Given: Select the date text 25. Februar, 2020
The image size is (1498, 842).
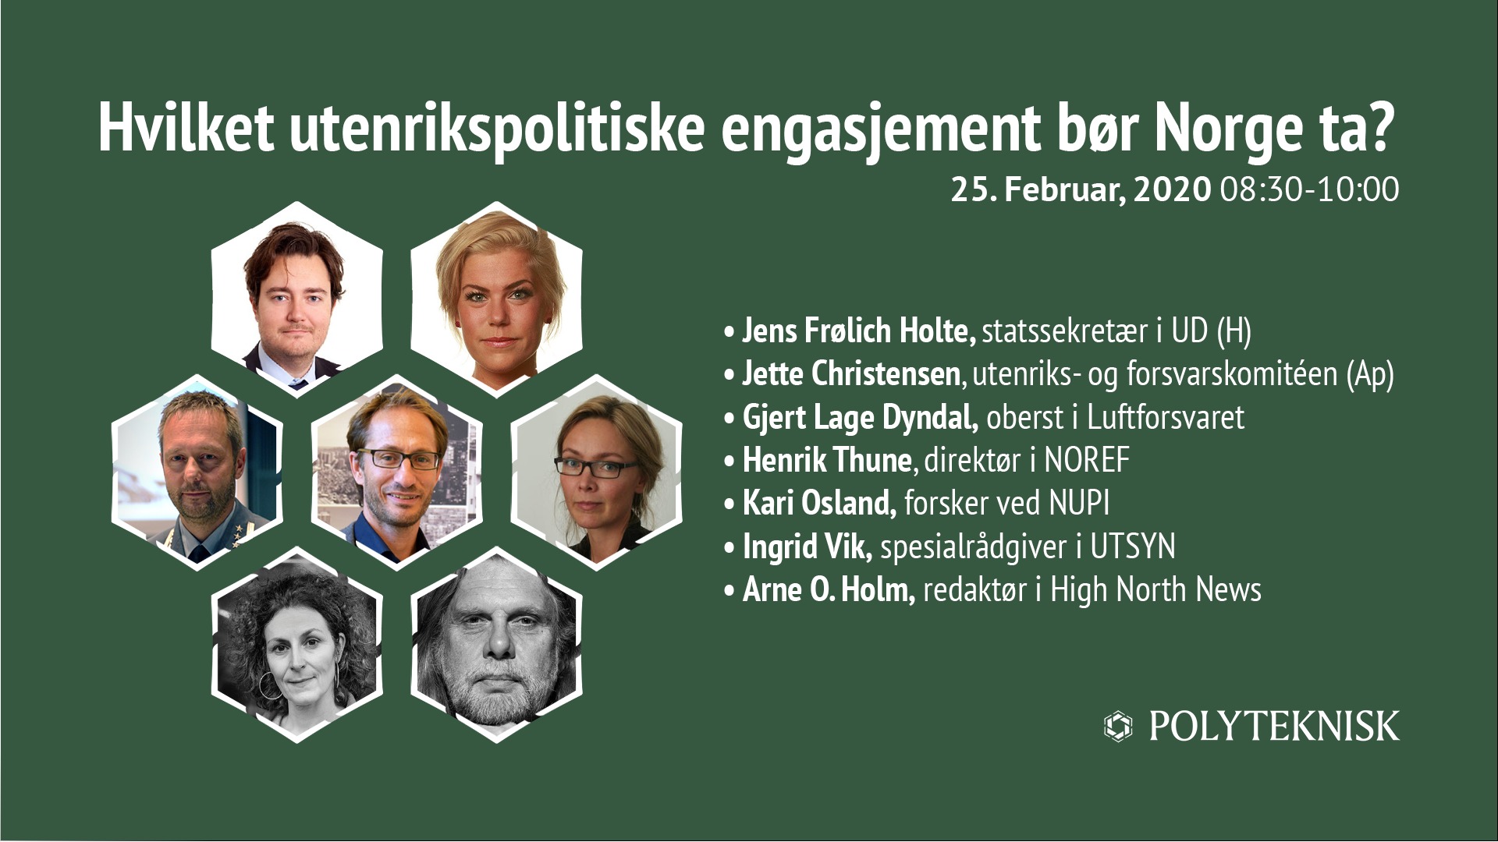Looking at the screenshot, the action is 1081,190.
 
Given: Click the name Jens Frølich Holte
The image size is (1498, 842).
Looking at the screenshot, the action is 859,331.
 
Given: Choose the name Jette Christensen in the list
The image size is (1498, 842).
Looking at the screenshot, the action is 851,374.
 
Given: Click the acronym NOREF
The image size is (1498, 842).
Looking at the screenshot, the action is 1087,460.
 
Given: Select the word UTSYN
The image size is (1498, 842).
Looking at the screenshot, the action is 1133,547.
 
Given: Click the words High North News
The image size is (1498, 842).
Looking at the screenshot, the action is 1155,590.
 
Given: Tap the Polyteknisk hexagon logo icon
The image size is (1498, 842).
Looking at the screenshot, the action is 1118,726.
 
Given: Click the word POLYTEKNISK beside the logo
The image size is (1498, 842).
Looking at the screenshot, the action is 1274,727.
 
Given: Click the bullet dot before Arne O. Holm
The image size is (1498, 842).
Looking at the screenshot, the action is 729,591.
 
